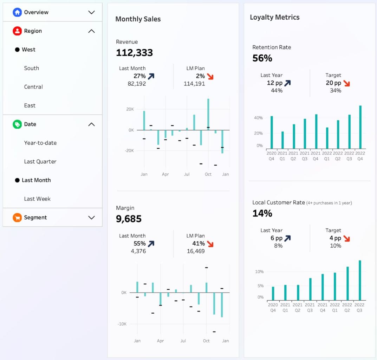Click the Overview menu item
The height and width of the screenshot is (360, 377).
coord(36,12)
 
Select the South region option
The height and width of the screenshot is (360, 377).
coord(31,68)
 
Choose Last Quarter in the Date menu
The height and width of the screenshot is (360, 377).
coord(40,161)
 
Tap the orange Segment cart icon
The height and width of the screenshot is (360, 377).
coord(17,218)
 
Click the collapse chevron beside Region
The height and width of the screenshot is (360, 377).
coord(91,31)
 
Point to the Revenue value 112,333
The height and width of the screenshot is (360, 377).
coord(134,53)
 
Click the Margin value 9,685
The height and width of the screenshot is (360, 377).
coord(129,219)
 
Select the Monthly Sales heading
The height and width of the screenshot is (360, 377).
coord(138,19)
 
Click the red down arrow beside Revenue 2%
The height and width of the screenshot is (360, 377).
coord(210,76)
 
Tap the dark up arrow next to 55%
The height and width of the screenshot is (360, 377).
coord(151,244)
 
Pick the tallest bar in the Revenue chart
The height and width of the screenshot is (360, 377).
coord(208,114)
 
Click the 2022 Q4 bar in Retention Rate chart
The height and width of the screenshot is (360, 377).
coord(360,127)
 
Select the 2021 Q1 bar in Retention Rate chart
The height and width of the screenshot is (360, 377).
coord(282,140)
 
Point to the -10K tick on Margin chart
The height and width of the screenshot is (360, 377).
coord(122,324)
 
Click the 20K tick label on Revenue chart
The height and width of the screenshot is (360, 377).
coord(130,109)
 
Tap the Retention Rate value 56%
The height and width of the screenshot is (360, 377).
coord(262,58)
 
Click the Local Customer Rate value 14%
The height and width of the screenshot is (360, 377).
coord(262,213)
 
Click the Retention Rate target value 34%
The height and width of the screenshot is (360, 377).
coord(335,91)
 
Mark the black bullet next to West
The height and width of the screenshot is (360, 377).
coord(17,50)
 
